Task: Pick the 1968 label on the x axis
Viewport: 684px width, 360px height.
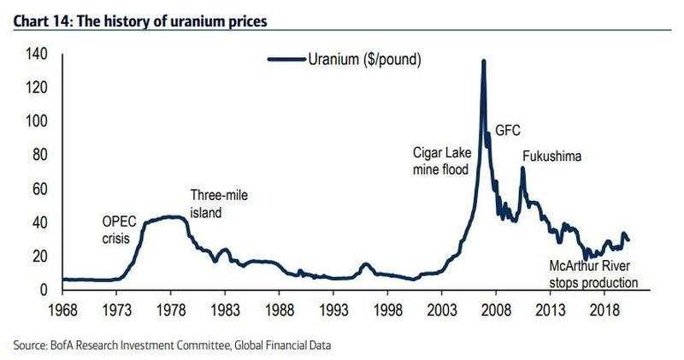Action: click(x=63, y=306)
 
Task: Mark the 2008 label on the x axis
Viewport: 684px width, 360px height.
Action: click(x=497, y=306)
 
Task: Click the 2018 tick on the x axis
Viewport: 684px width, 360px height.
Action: click(x=605, y=306)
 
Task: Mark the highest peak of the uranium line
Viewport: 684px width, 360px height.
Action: click(x=483, y=62)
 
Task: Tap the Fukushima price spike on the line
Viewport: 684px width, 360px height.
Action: click(x=522, y=168)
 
